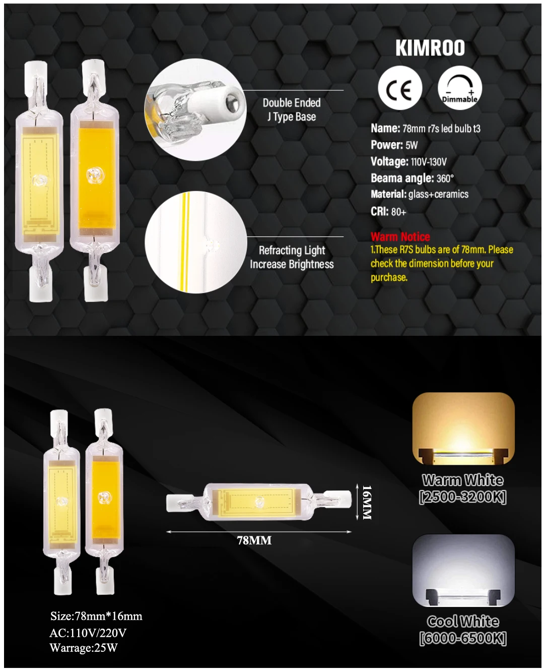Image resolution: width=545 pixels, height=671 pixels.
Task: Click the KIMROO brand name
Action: tap(430, 48)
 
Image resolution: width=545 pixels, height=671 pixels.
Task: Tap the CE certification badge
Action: tap(400, 88)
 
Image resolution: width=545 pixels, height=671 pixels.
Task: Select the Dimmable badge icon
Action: tap(460, 88)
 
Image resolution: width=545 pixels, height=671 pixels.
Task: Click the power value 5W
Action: tap(412, 145)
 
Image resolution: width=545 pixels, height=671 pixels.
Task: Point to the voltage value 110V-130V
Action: tap(429, 162)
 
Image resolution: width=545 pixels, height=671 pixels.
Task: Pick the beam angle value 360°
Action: tap(445, 178)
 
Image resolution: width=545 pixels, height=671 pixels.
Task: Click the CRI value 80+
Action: tap(399, 212)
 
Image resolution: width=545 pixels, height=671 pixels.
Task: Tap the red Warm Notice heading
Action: tap(400, 236)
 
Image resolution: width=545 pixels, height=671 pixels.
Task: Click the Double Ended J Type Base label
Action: tap(292, 109)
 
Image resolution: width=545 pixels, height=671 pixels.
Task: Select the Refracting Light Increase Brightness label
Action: tap(292, 257)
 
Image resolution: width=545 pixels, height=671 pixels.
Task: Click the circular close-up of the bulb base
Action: tap(195, 109)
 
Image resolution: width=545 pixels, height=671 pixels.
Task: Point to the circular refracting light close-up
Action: tap(196, 242)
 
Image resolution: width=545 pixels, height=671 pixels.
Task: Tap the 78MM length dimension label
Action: tap(254, 541)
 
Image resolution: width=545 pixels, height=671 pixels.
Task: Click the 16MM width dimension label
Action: tap(367, 503)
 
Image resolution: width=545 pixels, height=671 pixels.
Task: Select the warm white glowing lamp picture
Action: tap(463, 429)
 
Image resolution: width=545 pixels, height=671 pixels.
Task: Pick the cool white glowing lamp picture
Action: tap(463, 571)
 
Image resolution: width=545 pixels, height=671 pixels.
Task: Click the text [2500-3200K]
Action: tap(463, 498)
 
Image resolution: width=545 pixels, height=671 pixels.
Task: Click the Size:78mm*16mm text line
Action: tap(96, 616)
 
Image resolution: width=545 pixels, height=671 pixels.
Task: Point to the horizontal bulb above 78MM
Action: tap(259, 502)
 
